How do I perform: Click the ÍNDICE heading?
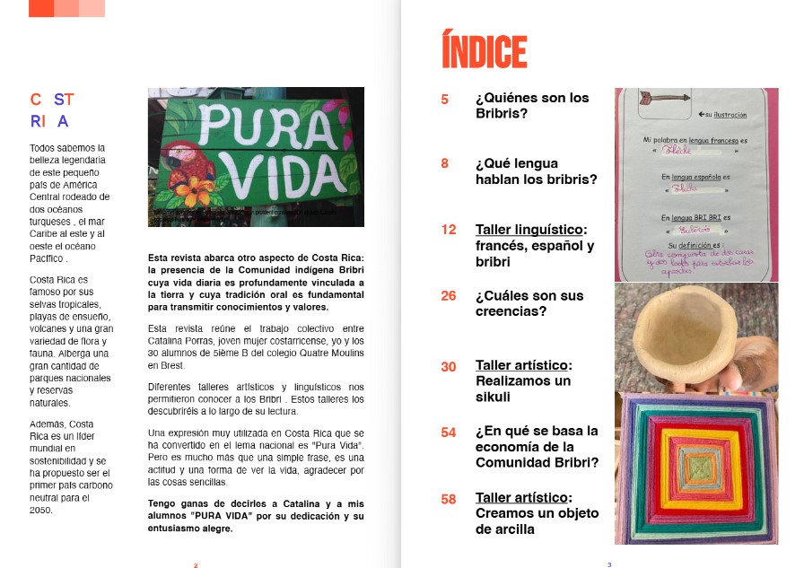[x=485, y=50]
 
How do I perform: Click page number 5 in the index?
[x=445, y=99]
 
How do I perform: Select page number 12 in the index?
[x=449, y=230]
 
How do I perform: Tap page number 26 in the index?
[x=450, y=296]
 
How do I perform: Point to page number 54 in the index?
[x=450, y=433]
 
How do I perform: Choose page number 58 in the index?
[x=450, y=499]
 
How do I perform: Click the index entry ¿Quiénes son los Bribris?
[x=531, y=106]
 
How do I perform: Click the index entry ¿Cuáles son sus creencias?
[x=529, y=304]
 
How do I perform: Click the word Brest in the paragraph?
[x=173, y=366]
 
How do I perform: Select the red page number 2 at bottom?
[x=195, y=564]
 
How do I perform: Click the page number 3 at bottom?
[x=609, y=564]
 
